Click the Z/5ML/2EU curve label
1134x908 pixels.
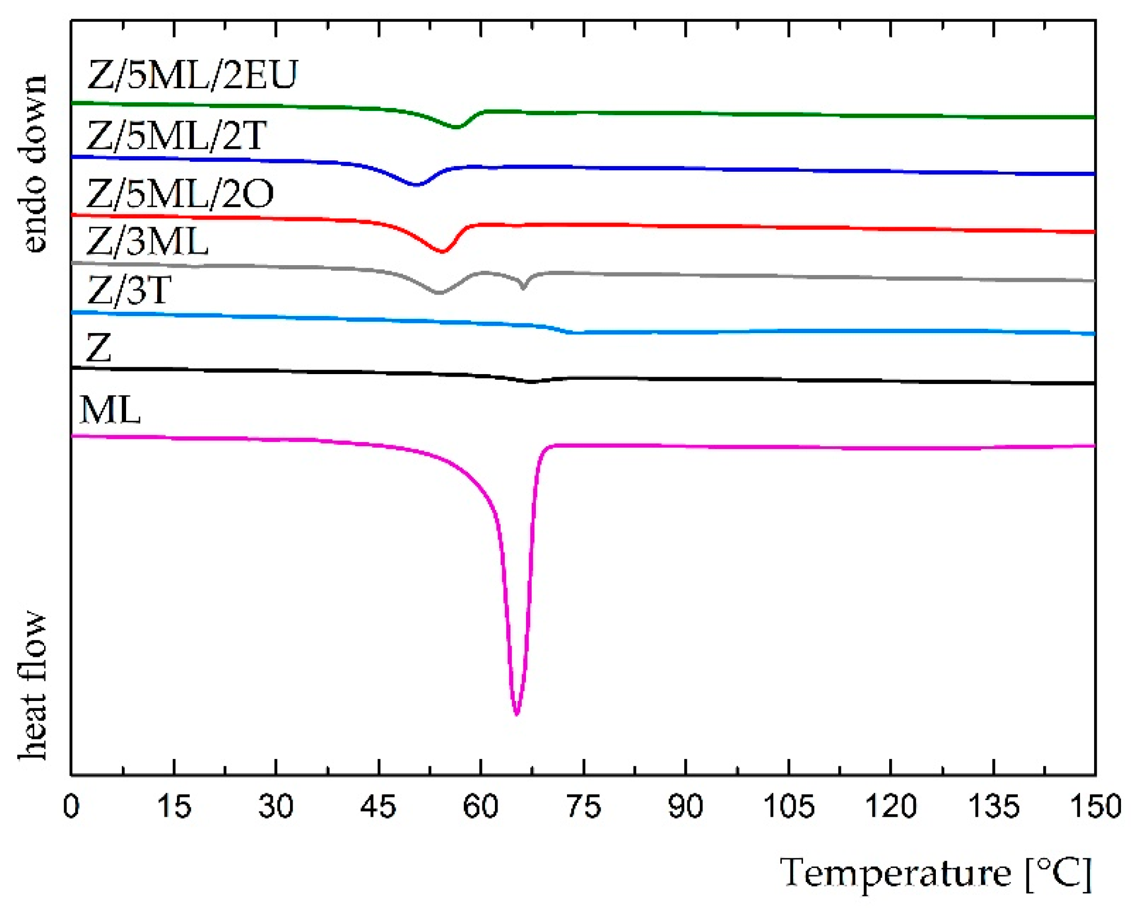pyautogui.click(x=192, y=74)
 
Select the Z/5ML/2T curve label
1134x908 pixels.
pyautogui.click(x=176, y=135)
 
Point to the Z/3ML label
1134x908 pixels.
pyautogui.click(x=147, y=241)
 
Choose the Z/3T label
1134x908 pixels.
pyautogui.click(x=129, y=290)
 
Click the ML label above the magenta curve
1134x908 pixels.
pyautogui.click(x=110, y=410)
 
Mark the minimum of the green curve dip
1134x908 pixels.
pyautogui.click(x=457, y=127)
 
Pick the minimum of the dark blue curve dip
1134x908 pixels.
pyautogui.click(x=416, y=185)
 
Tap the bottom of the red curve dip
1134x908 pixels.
pyautogui.click(x=442, y=252)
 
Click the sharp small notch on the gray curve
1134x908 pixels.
pyautogui.click(x=523, y=288)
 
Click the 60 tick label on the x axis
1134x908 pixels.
pyautogui.click(x=480, y=806)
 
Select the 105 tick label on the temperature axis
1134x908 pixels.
pyautogui.click(x=789, y=806)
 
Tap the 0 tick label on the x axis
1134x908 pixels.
pyautogui.click(x=72, y=806)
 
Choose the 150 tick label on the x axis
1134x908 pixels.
pyautogui.click(x=1096, y=806)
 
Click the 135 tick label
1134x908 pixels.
pyautogui.click(x=993, y=806)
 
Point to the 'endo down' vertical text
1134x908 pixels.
pyautogui.click(x=33, y=163)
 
